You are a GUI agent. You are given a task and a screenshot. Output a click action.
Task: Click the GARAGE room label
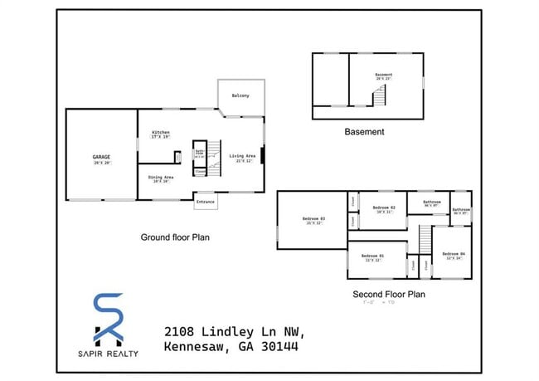click(x=101, y=157)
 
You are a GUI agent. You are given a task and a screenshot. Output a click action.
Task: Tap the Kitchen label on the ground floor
click(x=161, y=133)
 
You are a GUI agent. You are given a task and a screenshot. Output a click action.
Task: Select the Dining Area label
click(x=161, y=178)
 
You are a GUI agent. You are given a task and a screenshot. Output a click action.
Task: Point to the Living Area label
click(x=242, y=156)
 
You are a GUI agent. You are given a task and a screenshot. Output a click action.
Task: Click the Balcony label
click(x=240, y=95)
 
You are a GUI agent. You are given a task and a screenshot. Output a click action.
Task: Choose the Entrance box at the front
click(x=205, y=202)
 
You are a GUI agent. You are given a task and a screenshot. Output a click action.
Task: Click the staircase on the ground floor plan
click(x=213, y=155)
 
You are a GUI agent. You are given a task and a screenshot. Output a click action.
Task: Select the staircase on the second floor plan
click(x=425, y=242)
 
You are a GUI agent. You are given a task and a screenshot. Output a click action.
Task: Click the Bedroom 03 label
click(x=315, y=220)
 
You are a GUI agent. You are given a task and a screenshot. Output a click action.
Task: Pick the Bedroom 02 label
click(x=383, y=208)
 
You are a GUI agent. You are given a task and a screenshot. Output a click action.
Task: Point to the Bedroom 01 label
click(x=373, y=256)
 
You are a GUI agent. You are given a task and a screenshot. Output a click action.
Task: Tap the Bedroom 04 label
click(x=455, y=254)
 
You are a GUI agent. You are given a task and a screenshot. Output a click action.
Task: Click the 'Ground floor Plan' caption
click(x=174, y=237)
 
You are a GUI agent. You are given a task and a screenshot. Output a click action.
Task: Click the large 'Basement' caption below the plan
click(x=364, y=131)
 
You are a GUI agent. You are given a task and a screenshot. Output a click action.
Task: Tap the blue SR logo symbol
click(x=109, y=318)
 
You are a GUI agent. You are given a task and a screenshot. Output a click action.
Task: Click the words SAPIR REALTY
click(x=109, y=354)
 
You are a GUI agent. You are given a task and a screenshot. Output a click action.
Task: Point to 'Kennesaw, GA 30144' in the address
click(x=231, y=346)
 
